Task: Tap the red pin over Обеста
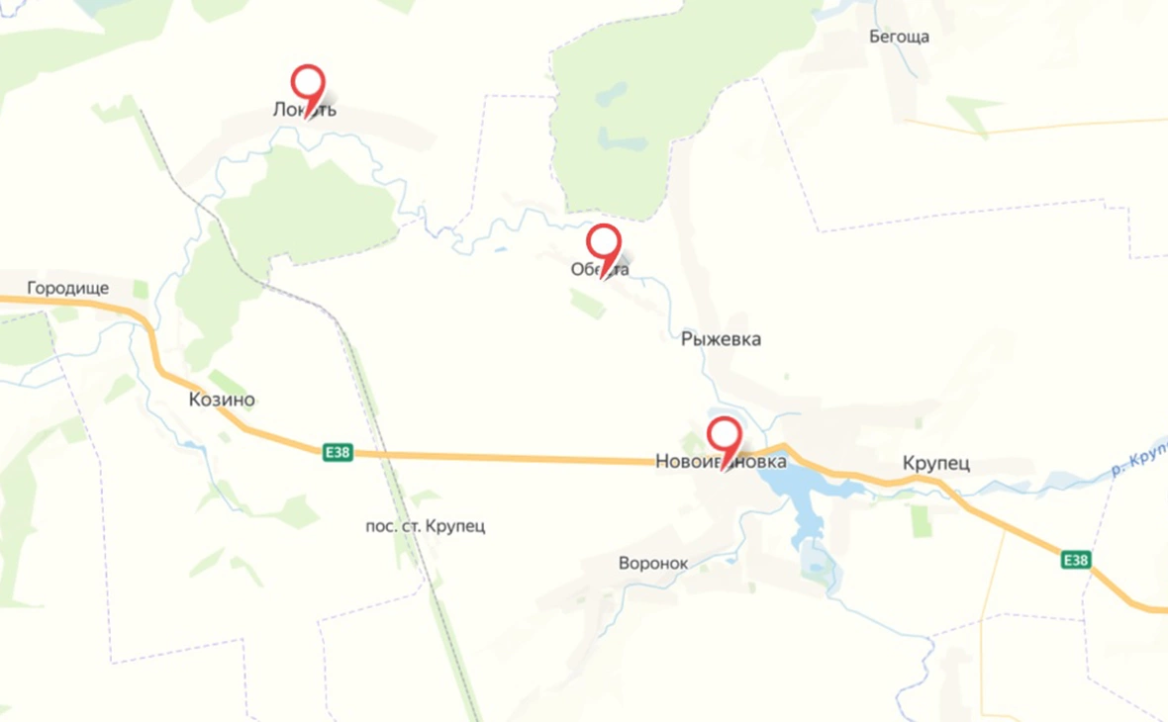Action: pos(603,242)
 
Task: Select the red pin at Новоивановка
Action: pos(725,435)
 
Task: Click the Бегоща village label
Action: pos(899,38)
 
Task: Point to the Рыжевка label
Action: pos(721,339)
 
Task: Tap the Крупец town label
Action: pos(935,463)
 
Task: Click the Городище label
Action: pos(67,289)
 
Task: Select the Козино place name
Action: pos(221,400)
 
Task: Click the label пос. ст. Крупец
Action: pos(425,526)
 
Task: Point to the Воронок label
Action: pos(652,563)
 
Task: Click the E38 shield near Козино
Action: pos(338,452)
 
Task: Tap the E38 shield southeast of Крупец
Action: pos(1076,560)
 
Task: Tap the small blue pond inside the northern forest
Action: pos(612,94)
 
